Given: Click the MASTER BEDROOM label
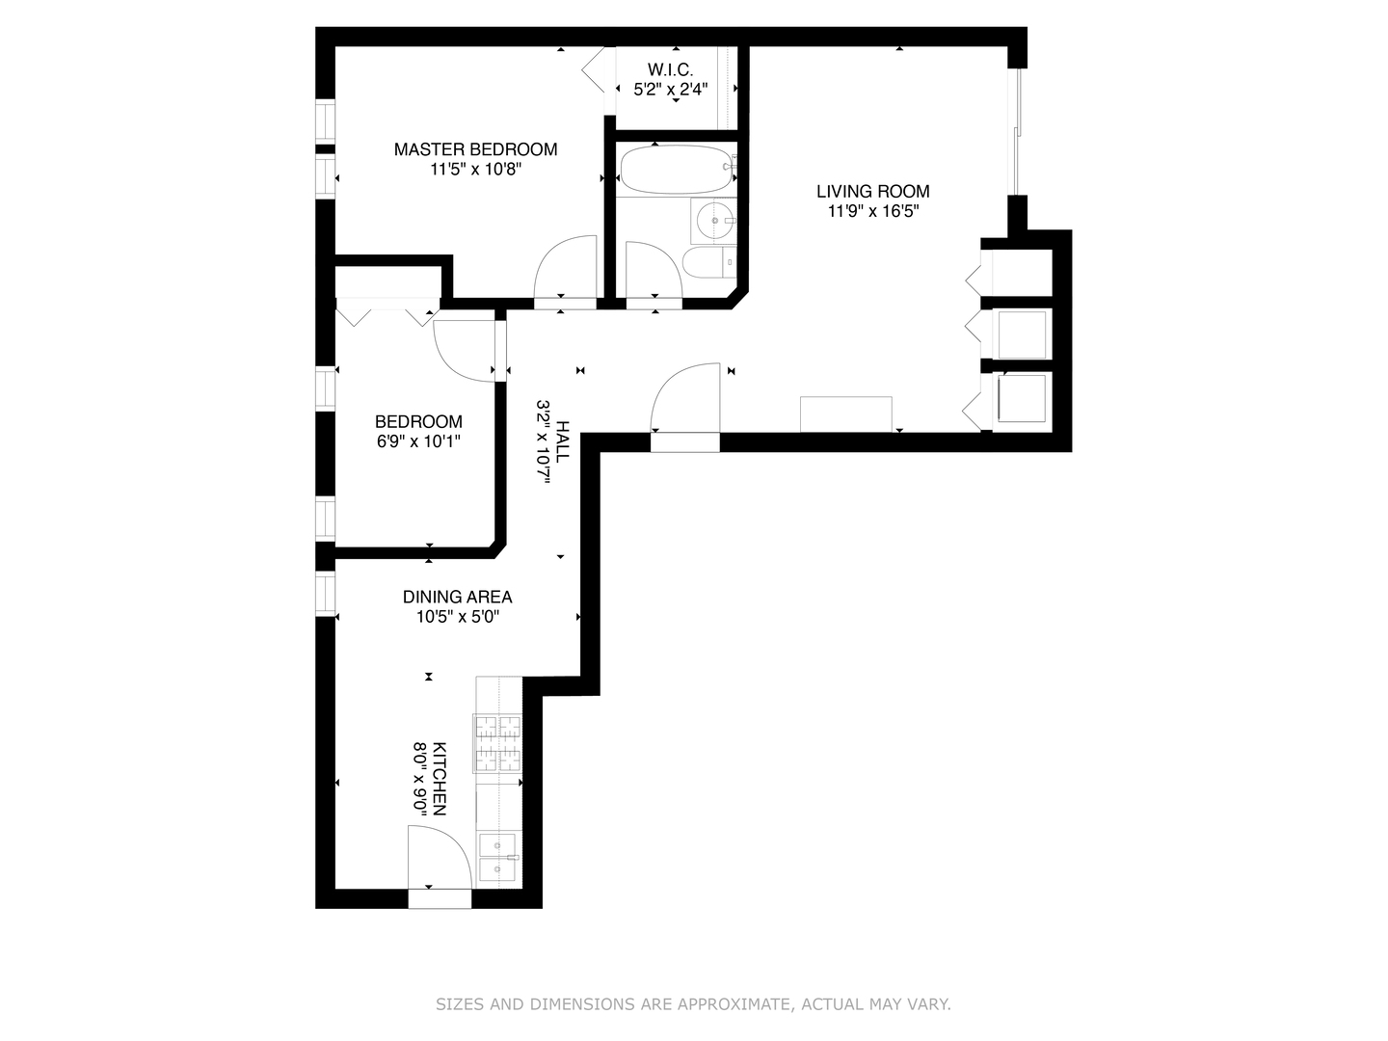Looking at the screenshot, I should tap(475, 149).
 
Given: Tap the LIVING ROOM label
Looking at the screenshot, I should tap(873, 192).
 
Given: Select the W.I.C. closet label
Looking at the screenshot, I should tap(670, 69).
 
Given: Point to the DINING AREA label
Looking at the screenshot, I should tap(457, 598).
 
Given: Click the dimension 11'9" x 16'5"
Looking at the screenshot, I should tap(873, 212).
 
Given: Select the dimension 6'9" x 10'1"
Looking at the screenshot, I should tap(418, 441).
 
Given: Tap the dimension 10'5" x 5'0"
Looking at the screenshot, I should tap(457, 618).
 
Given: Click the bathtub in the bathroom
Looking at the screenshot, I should tap(675, 171).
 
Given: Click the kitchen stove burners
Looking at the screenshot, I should tap(496, 743).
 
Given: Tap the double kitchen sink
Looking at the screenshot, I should tap(498, 858).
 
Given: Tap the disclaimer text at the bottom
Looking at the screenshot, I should tap(693, 1004).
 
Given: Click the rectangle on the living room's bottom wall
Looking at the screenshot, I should tap(846, 414).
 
